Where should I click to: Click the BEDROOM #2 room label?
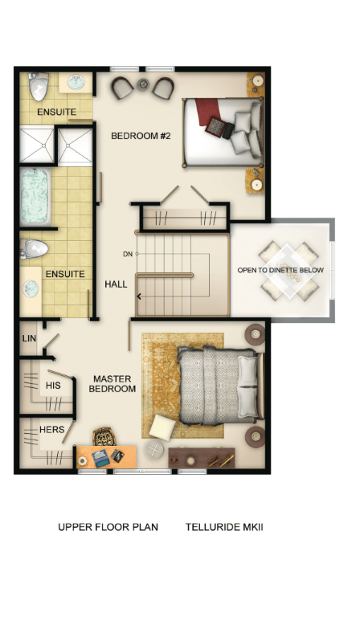click(x=141, y=136)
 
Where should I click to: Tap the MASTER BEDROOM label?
click(x=112, y=384)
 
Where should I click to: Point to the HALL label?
click(x=116, y=284)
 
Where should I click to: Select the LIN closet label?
click(x=29, y=338)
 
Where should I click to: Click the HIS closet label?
click(x=53, y=386)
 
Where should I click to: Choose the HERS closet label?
click(x=52, y=429)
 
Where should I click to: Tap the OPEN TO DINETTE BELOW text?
click(x=280, y=270)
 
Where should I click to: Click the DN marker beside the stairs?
click(x=128, y=254)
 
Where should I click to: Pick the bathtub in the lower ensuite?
click(x=35, y=197)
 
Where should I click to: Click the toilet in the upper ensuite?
click(x=39, y=87)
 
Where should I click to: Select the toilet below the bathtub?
click(x=35, y=248)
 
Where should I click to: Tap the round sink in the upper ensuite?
click(x=76, y=83)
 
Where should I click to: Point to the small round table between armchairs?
click(x=144, y=84)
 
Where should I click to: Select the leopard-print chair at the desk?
click(x=104, y=437)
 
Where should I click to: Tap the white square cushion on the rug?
click(x=162, y=427)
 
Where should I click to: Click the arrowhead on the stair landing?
click(x=139, y=296)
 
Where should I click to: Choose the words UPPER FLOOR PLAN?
click(x=108, y=527)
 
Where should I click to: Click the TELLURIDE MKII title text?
click(x=224, y=527)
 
